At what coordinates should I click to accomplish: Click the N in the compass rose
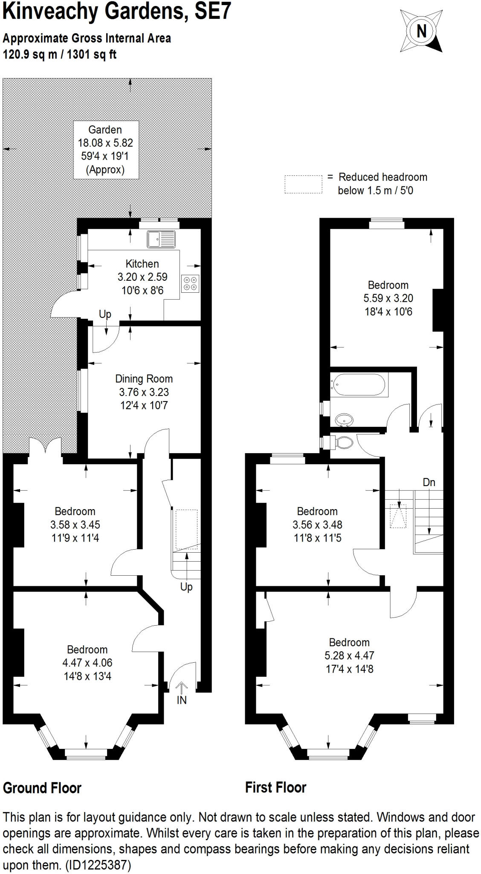click(x=421, y=31)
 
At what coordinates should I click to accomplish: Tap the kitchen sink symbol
click(x=161, y=239)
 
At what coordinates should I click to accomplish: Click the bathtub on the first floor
click(x=359, y=385)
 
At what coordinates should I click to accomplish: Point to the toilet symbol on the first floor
click(x=344, y=442)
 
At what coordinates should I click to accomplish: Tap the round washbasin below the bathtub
click(x=344, y=420)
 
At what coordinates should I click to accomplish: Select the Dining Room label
click(x=144, y=379)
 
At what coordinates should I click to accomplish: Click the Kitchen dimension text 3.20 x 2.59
click(x=142, y=277)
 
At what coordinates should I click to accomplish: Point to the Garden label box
click(x=105, y=149)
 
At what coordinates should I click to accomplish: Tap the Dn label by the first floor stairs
click(x=429, y=482)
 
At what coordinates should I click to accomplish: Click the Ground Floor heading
click(x=42, y=788)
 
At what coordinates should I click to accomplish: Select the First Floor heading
click(x=275, y=788)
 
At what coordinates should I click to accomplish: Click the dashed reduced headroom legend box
click(x=303, y=184)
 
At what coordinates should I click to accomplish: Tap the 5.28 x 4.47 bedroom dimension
click(x=349, y=655)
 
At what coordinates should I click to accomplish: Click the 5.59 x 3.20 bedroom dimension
click(x=388, y=298)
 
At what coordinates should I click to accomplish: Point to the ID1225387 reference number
click(x=98, y=865)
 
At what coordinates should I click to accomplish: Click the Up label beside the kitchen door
click(x=105, y=315)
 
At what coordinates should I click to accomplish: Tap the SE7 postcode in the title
click(x=212, y=12)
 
